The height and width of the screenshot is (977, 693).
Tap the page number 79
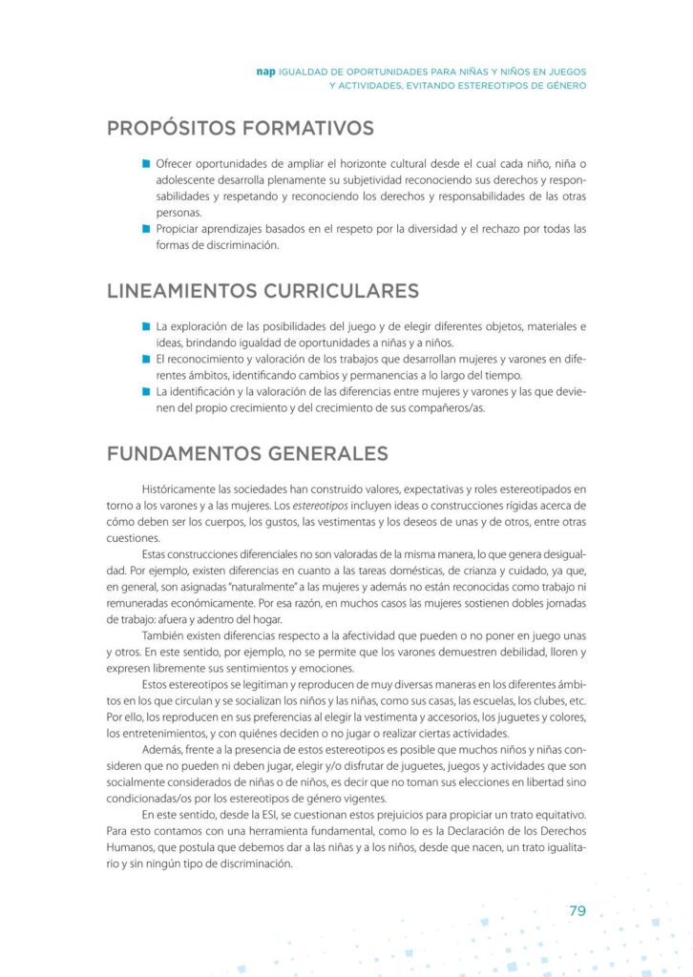point(577,910)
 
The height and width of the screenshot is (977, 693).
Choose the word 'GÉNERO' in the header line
point(563,85)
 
